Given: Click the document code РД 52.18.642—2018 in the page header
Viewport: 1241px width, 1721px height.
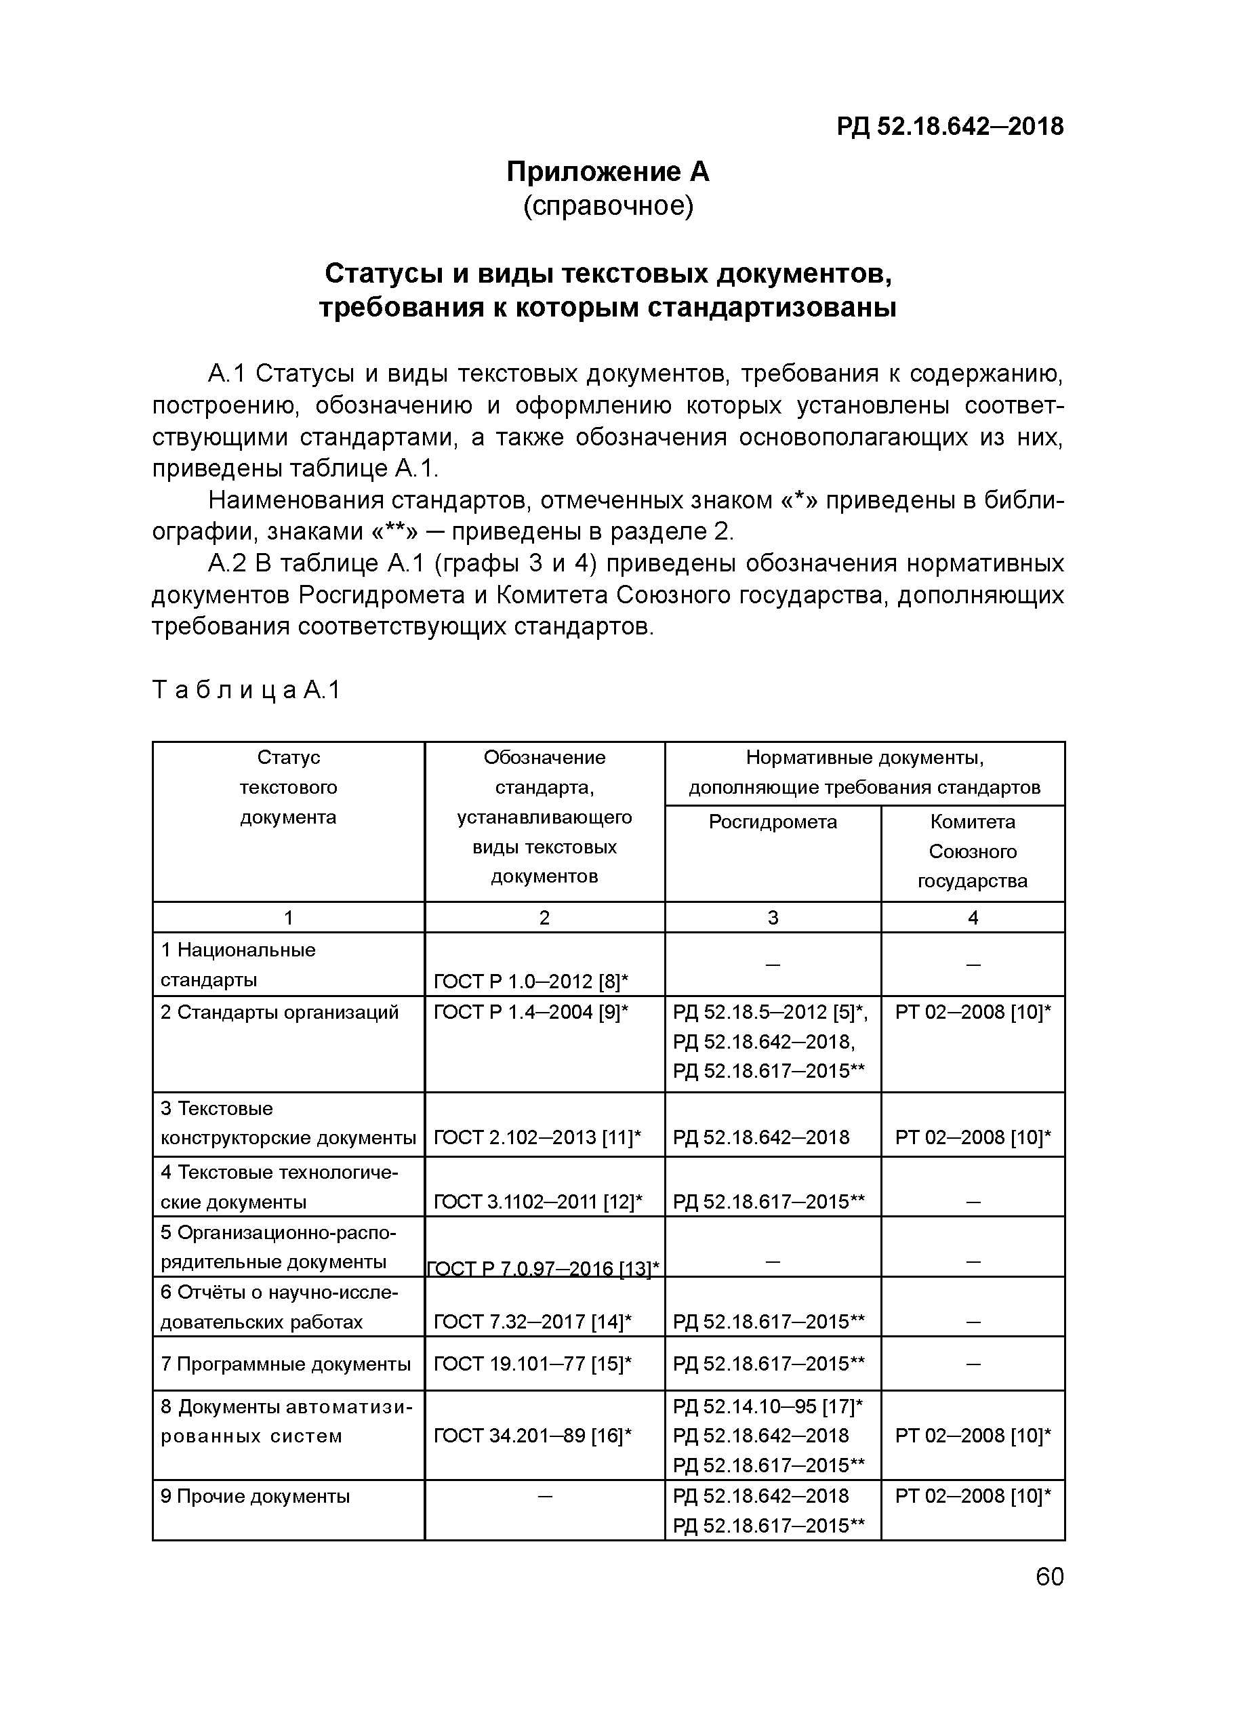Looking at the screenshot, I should click(950, 126).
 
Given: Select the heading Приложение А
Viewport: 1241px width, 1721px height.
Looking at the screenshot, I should click(607, 172).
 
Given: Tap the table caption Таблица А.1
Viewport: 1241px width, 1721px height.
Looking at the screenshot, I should click(247, 690).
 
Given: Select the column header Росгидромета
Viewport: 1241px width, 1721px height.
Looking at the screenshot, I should click(772, 822).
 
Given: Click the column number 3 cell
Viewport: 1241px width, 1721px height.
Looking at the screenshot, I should click(772, 917).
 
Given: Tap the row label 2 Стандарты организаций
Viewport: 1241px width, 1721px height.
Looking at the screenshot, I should click(279, 1012).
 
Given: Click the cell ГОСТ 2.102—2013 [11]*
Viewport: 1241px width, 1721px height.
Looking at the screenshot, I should click(537, 1137).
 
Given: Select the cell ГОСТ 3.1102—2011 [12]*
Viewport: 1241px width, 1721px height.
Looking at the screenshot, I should click(537, 1202).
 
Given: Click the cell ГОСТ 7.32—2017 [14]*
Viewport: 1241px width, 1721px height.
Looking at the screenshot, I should click(533, 1322).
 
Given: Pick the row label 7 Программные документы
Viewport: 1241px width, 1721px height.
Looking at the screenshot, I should click(285, 1364).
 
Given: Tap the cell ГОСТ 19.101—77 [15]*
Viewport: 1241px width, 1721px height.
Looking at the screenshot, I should click(533, 1364).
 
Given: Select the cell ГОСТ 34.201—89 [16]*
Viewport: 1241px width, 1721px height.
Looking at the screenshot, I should click(533, 1436).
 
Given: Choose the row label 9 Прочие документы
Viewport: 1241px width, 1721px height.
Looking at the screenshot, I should click(255, 1497).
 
